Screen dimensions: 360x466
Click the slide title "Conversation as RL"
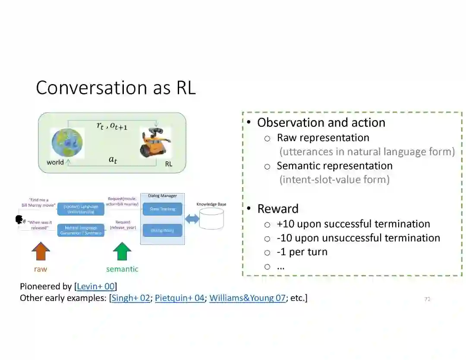tap(116, 88)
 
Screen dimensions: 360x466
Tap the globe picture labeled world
tap(67, 143)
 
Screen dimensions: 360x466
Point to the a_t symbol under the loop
tap(113, 160)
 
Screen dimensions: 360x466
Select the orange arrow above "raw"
tap(41, 252)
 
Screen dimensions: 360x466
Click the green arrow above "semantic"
tap(122, 252)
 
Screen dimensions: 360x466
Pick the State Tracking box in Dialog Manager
tap(162, 209)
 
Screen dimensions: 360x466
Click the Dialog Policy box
tap(162, 230)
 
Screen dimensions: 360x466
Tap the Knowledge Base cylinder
tap(211, 218)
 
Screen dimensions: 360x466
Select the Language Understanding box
tap(81, 209)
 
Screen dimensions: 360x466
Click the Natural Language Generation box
tap(81, 230)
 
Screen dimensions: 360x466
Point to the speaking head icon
tap(20, 220)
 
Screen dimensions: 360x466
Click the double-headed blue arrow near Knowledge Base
tap(192, 219)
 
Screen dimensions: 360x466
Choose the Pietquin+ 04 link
tap(179, 298)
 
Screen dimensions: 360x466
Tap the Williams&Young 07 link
tap(247, 298)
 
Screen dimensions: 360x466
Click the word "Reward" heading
tap(278, 209)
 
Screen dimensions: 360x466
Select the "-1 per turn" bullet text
tap(302, 252)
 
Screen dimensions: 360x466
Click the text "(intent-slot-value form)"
tap(334, 179)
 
